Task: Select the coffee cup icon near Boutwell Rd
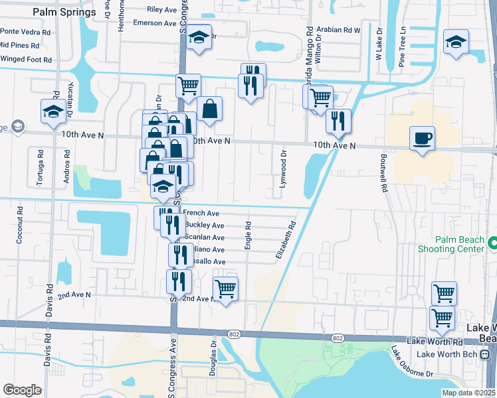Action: (x=422, y=139)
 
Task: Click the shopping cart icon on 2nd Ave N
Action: (x=225, y=289)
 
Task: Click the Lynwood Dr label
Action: (x=283, y=169)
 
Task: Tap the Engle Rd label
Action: (x=247, y=235)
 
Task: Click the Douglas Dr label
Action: (x=213, y=359)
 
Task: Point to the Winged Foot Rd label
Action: (x=26, y=59)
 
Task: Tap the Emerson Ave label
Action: (x=154, y=23)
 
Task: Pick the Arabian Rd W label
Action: (x=338, y=30)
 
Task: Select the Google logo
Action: (x=22, y=390)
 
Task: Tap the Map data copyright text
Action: (x=469, y=393)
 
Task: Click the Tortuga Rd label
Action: (x=41, y=162)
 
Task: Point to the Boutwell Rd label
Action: (x=383, y=173)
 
